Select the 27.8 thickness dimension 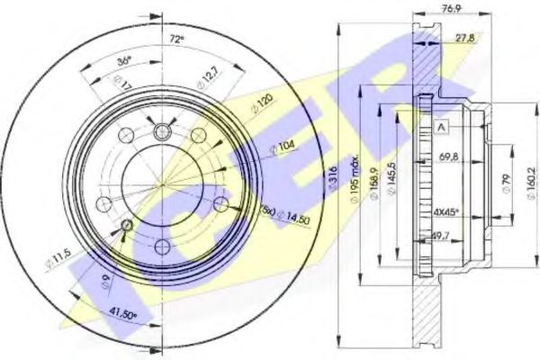click(465, 39)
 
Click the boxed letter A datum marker click(441, 128)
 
